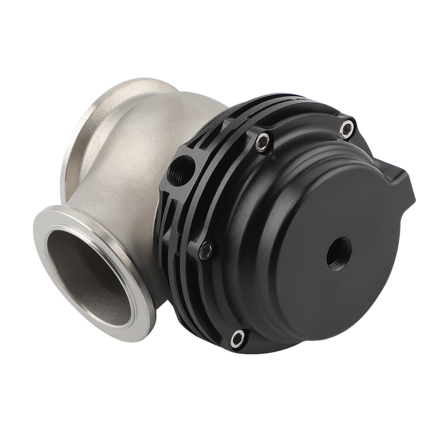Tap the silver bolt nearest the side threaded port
262,141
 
